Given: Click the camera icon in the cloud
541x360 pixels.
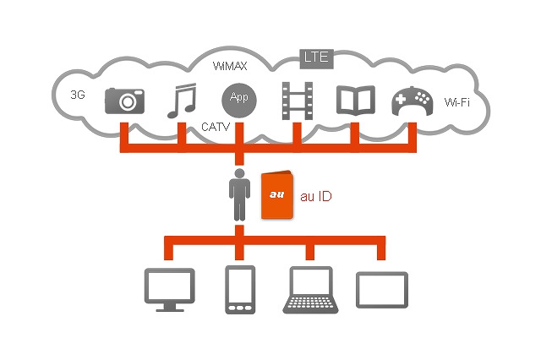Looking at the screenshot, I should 125,101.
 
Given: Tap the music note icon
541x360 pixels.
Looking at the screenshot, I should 180,100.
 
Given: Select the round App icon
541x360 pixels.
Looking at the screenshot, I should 238,99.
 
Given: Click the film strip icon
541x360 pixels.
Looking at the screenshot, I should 296,99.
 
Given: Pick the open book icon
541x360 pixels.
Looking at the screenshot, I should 353,100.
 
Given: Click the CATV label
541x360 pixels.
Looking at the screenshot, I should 216,127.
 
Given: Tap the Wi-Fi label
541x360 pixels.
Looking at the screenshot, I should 458,103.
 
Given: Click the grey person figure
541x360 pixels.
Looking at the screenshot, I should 240,195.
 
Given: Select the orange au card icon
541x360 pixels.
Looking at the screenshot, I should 277,196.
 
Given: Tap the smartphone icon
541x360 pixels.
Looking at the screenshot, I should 240,290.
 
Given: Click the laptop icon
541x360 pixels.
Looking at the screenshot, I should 312,289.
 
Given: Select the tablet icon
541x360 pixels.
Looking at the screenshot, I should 381,289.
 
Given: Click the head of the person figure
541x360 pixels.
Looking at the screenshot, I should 240,174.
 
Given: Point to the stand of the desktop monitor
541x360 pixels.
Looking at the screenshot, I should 170,308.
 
